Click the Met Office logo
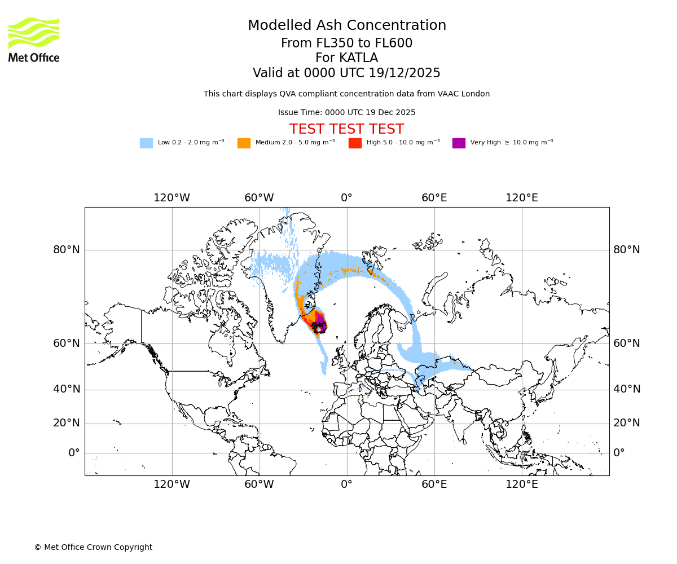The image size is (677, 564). (x=34, y=39)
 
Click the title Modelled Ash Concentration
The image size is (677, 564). (x=347, y=25)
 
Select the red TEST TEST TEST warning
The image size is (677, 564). (x=347, y=129)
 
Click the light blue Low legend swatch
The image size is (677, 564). (x=146, y=143)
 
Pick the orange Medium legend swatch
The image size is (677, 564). (x=244, y=143)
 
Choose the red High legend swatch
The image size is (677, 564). (x=355, y=143)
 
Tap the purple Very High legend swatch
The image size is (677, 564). (x=459, y=143)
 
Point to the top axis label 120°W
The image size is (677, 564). (x=172, y=198)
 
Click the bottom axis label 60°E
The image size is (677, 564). (x=434, y=484)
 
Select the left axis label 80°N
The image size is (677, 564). (x=67, y=250)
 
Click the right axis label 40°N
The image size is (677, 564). (x=627, y=389)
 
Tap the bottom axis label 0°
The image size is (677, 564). (x=346, y=484)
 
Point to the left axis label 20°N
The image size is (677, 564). (x=67, y=423)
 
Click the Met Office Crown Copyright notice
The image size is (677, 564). (x=93, y=548)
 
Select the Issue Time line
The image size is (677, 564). (x=347, y=113)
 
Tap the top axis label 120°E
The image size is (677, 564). (x=521, y=198)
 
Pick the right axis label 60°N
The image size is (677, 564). (x=627, y=343)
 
